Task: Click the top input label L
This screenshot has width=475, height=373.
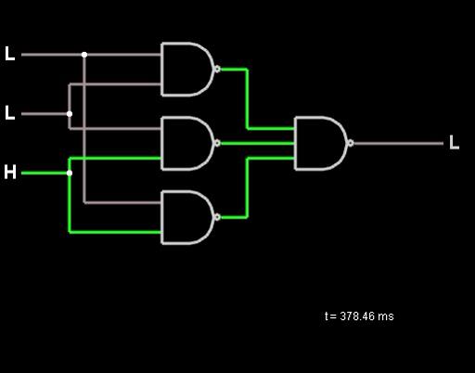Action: (10, 54)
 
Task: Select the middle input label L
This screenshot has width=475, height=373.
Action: (10, 113)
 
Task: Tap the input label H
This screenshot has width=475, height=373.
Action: (10, 172)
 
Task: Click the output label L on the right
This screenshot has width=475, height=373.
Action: (454, 143)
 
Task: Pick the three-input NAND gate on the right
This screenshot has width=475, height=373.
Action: (321, 143)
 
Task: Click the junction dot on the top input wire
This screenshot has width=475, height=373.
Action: (84, 55)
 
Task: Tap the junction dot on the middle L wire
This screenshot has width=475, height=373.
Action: (70, 114)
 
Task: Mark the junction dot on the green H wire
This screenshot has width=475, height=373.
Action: (70, 174)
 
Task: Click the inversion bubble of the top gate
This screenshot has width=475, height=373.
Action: (217, 69)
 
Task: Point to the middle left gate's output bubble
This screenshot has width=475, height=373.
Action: (217, 143)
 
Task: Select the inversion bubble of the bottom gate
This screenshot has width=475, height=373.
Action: (217, 217)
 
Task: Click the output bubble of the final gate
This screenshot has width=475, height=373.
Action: (351, 143)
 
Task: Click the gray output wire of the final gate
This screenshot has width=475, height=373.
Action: (398, 143)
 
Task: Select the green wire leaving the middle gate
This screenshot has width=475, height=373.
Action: (257, 143)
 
